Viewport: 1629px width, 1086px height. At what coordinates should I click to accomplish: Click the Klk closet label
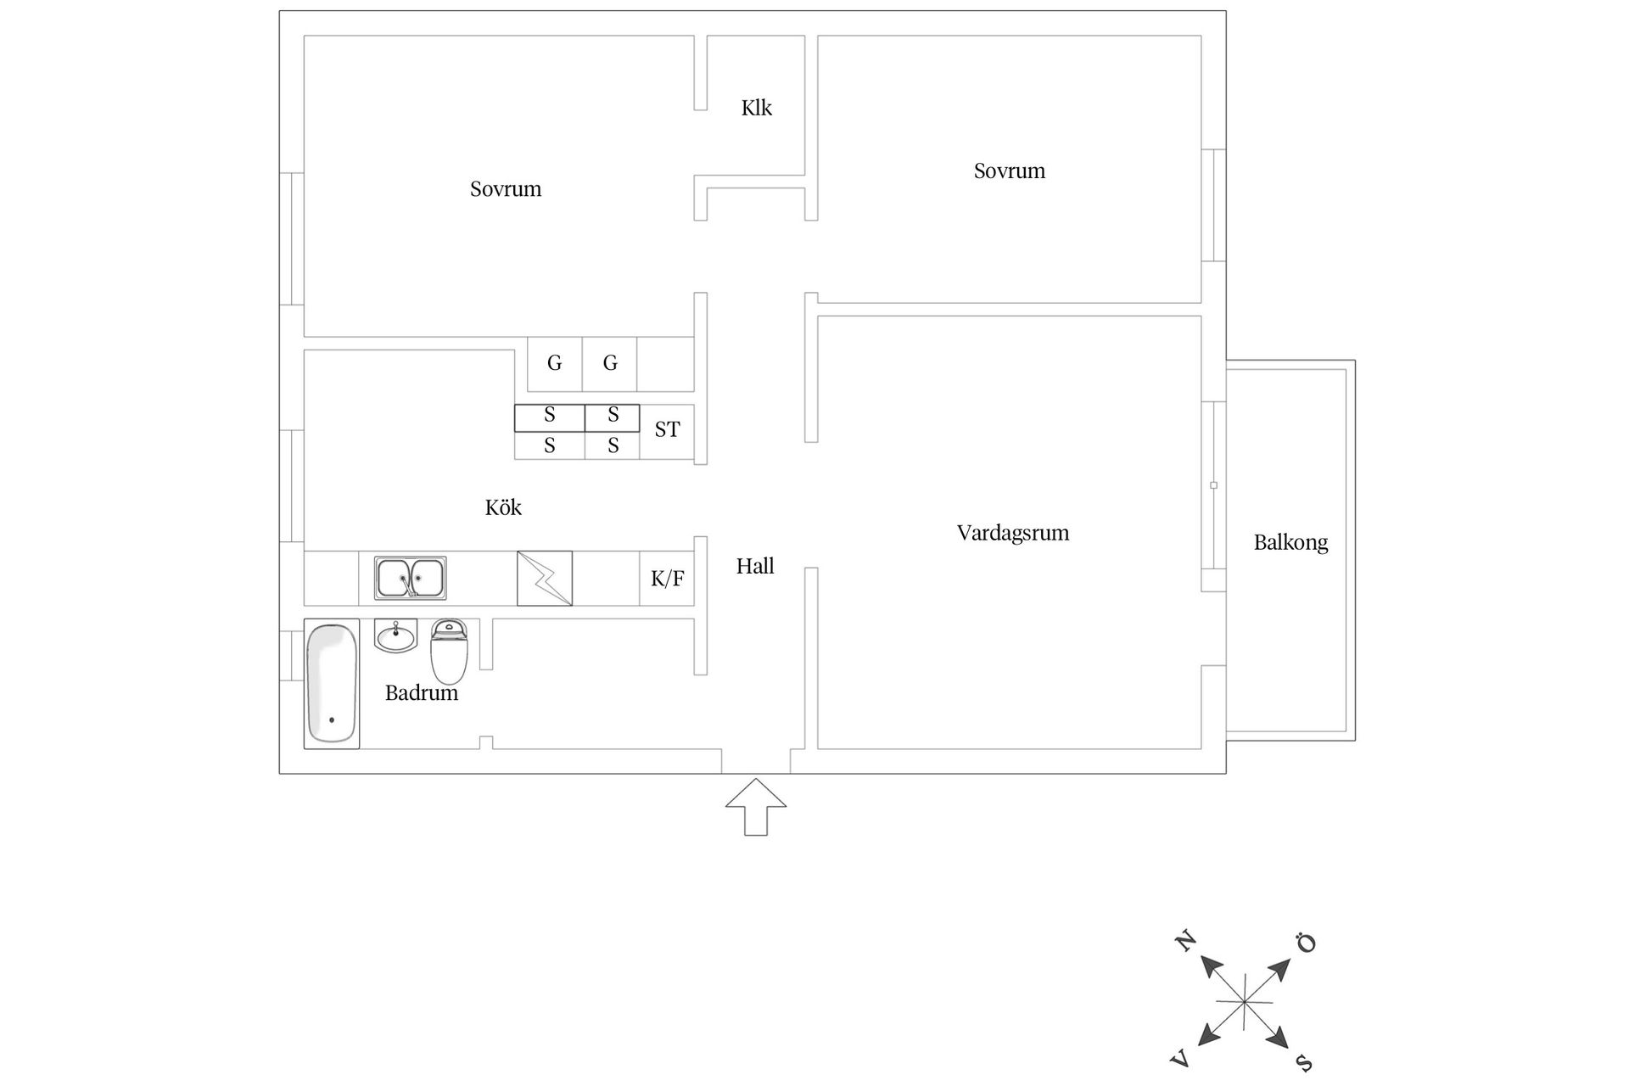756,108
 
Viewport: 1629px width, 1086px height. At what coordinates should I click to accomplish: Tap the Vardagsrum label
1012,534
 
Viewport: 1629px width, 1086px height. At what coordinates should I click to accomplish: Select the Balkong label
1290,543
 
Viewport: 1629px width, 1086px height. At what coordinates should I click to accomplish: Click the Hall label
755,566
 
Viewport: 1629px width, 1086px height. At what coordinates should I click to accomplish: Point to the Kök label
503,507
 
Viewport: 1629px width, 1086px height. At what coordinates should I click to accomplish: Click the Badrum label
421,693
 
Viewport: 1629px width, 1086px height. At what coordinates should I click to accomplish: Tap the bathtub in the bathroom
332,685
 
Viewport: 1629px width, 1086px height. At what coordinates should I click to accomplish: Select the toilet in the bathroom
449,651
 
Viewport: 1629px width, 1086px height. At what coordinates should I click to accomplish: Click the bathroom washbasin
396,635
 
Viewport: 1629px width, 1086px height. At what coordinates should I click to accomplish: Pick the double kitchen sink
411,578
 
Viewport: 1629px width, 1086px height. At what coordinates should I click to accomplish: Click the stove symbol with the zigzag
545,579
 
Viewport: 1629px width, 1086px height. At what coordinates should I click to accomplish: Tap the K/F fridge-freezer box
667,579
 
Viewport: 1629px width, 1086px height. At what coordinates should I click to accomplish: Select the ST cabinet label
667,430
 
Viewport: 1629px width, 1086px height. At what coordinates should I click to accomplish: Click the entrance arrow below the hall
756,807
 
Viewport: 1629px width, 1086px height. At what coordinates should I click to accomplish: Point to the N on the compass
1185,941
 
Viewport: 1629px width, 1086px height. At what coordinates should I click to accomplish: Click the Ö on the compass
1306,943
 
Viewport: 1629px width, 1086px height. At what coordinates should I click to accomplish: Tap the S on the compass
1304,1062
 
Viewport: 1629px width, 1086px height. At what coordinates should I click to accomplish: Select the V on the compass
1180,1059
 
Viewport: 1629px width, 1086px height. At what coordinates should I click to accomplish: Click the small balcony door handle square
1213,485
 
